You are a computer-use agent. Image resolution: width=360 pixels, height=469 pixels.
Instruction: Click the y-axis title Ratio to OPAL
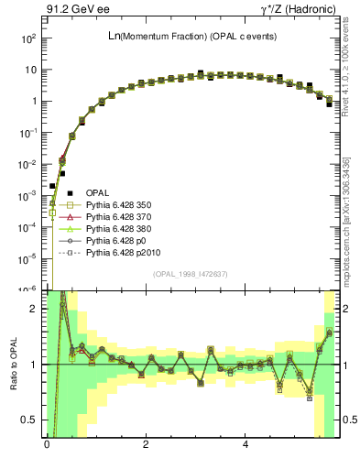[x=16, y=365]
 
